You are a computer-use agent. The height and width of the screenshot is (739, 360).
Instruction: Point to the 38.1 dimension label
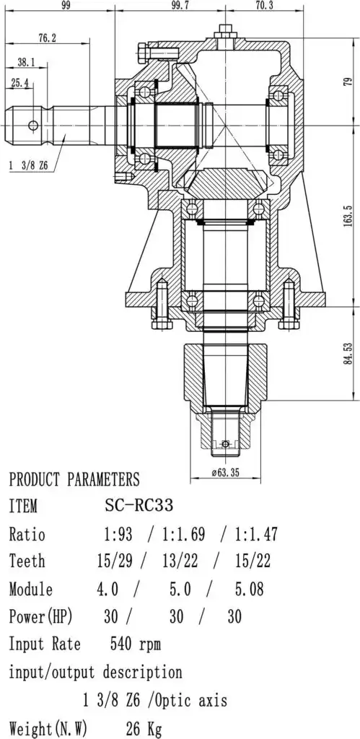[26, 62]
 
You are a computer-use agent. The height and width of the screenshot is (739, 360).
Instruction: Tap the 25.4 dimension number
[19, 83]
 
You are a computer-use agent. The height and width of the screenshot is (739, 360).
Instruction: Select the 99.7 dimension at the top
[180, 5]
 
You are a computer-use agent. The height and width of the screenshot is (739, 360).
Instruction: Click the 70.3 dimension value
[264, 5]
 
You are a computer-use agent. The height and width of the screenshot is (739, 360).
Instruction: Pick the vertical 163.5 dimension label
[348, 216]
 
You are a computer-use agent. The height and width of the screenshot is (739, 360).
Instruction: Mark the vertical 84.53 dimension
[348, 354]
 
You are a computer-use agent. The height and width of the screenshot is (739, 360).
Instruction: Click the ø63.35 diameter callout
[225, 473]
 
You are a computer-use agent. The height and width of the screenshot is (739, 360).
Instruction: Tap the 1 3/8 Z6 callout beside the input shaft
[27, 165]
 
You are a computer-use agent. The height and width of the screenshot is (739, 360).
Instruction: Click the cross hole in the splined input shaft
[33, 125]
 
